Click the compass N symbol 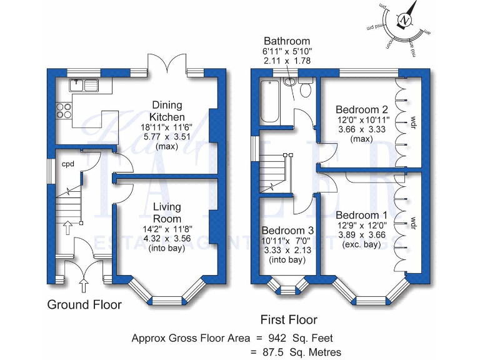(x=406, y=21)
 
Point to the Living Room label (x=167, y=212)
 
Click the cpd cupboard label (x=67, y=164)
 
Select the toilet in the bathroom (x=305, y=89)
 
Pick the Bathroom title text (x=286, y=41)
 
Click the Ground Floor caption (x=84, y=305)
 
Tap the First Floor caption (x=288, y=320)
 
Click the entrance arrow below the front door (x=83, y=286)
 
